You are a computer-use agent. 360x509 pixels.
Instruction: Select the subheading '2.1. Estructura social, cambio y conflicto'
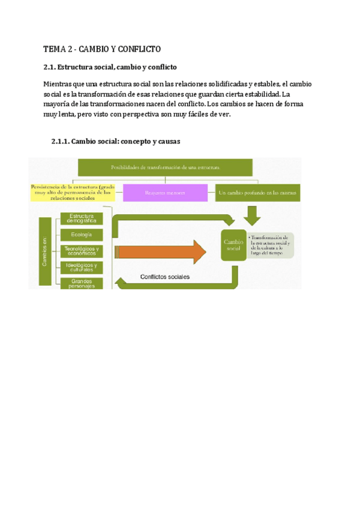[x=110, y=67]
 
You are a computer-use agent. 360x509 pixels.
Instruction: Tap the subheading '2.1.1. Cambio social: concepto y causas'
[x=116, y=142]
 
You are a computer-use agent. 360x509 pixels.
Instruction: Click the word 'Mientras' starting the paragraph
[x=60, y=84]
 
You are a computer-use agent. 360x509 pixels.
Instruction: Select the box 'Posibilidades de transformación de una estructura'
[x=165, y=167]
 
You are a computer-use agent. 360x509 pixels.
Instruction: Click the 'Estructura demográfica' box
[x=81, y=218]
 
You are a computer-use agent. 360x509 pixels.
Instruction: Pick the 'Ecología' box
[x=81, y=235]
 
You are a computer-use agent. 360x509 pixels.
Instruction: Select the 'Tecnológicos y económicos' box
[x=81, y=251]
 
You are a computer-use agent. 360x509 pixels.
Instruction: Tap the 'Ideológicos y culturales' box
[x=81, y=267]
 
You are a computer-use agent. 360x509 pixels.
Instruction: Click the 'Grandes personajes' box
[x=81, y=283]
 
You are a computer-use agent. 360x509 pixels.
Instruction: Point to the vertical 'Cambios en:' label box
[x=46, y=251]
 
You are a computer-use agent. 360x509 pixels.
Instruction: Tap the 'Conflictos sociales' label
[x=165, y=277]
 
